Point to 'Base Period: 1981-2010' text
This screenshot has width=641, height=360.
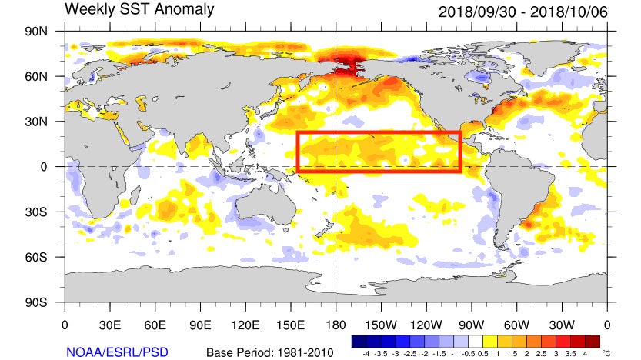click(x=269, y=352)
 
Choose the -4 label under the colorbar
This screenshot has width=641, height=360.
click(x=366, y=352)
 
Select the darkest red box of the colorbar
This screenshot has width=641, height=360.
click(x=593, y=340)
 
